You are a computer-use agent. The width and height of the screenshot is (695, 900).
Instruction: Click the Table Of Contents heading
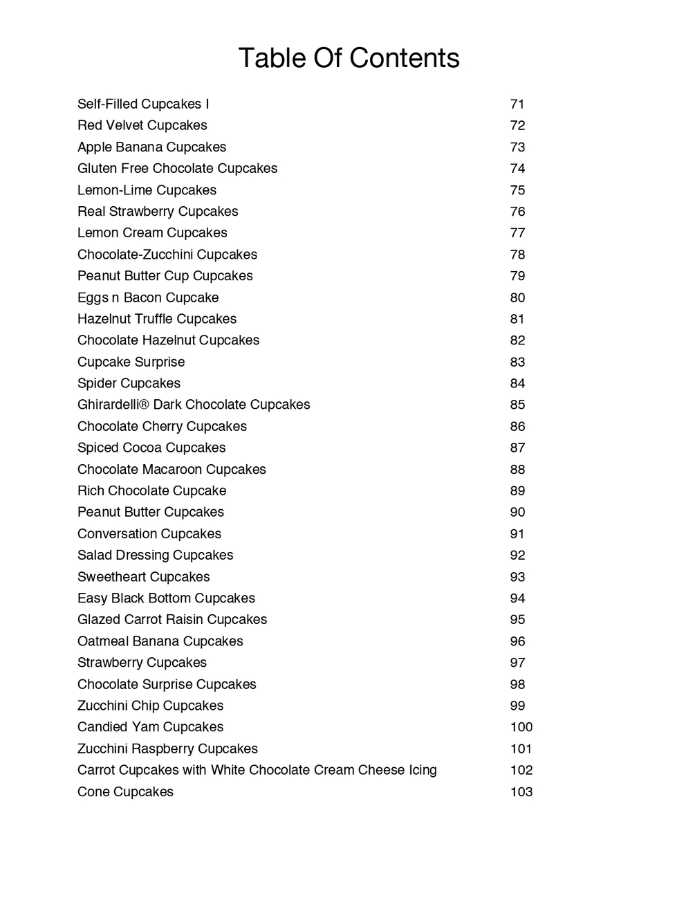coord(349,58)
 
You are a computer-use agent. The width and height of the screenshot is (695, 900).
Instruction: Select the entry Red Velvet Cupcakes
coord(142,125)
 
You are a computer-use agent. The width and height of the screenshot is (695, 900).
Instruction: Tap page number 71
coord(517,104)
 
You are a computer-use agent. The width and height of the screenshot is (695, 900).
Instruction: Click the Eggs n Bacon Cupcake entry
coord(148,297)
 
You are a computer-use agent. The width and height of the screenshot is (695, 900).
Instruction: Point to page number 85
coord(517,405)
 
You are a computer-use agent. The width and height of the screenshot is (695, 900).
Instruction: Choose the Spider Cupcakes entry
coord(129,383)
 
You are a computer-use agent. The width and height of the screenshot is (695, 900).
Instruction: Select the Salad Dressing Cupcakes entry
coord(155,555)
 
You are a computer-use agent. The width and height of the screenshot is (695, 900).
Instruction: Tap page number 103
coord(521,792)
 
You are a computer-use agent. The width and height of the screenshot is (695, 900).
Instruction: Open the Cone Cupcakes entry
coord(125,792)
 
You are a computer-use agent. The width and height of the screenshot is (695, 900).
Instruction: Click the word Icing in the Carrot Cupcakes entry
coord(420,771)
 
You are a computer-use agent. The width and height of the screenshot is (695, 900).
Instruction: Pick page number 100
coord(521,727)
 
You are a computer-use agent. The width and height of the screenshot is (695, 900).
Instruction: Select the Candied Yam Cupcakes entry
coord(150,727)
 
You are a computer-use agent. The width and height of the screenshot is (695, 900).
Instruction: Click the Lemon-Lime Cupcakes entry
coord(147,190)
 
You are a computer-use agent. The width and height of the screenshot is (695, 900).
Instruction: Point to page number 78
coord(517,255)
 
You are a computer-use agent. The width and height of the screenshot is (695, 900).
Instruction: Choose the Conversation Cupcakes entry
coord(149,533)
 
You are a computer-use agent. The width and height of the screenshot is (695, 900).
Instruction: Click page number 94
coord(517,598)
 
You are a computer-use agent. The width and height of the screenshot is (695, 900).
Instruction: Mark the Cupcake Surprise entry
coord(131,362)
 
